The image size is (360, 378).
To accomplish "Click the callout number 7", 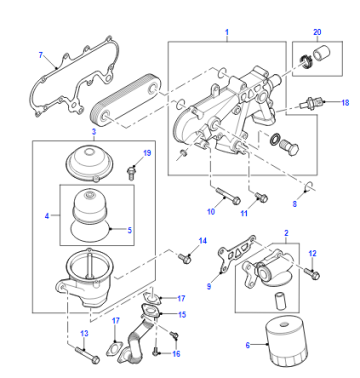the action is point(41,55).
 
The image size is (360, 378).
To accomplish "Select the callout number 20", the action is point(317,32).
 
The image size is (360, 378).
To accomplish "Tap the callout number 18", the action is point(345,102).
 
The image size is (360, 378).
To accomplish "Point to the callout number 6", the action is point(248,345).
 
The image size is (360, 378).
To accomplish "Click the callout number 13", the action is point(84,333).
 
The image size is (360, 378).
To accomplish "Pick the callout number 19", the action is point(147,153).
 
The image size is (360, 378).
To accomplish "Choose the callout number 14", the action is point(203,241).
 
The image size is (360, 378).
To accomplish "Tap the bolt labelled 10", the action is point(228,196).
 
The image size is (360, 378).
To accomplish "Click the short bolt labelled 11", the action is point(261,197).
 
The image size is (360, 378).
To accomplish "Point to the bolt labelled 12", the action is point(312,273).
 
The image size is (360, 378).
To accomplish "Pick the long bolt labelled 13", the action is point(87,355).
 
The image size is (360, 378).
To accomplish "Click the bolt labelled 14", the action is point(185,258).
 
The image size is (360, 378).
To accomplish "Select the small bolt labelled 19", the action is point(132,172).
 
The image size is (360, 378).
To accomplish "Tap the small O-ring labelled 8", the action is point(310,187).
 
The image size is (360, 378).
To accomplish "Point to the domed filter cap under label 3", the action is point(90,162).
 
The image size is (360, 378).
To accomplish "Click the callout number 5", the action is point(129,230).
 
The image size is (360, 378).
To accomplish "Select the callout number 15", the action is point(182,315).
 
